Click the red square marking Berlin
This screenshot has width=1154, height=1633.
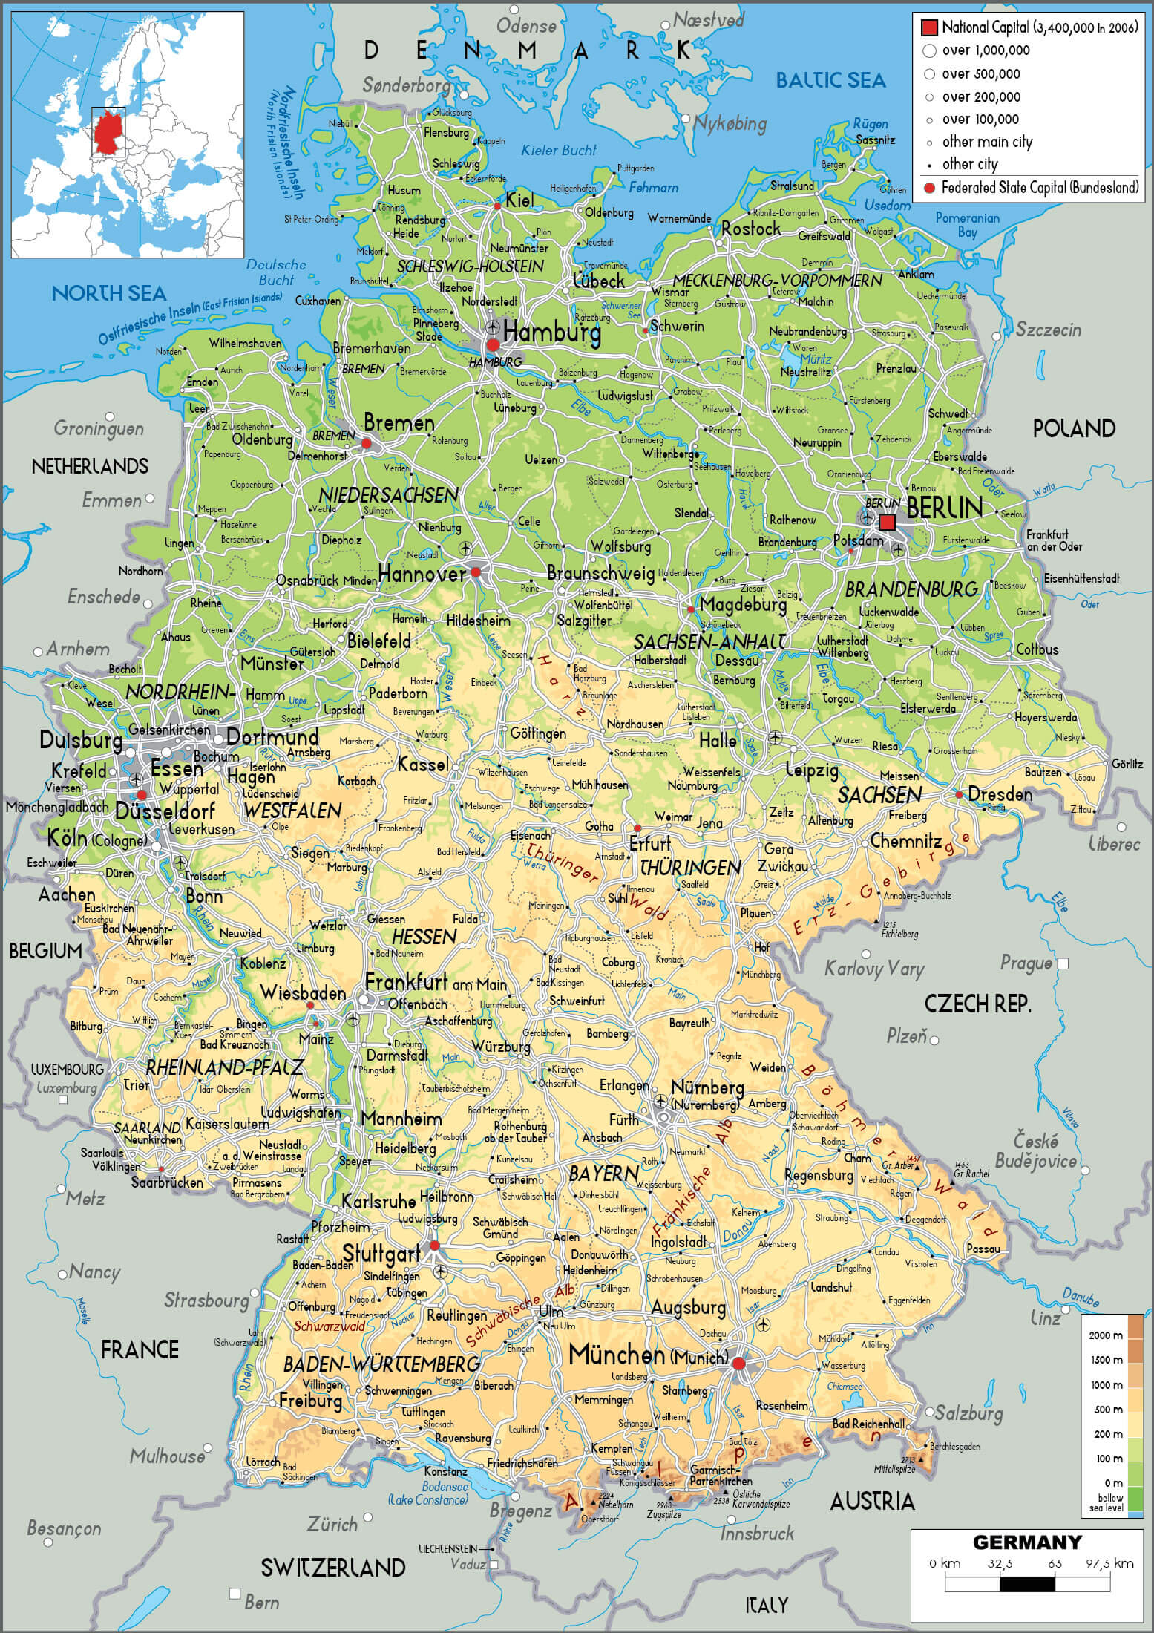tap(887, 523)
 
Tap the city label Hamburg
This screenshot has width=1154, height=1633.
tap(551, 333)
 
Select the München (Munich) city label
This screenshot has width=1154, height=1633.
tap(647, 1355)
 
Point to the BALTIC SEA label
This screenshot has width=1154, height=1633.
tap(830, 80)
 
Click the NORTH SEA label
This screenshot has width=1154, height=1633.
tap(108, 293)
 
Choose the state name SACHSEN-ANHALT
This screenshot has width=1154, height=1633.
tap(709, 641)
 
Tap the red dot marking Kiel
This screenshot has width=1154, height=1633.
tap(497, 206)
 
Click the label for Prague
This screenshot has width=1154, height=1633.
tap(1026, 963)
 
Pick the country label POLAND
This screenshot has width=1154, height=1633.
tap(1073, 428)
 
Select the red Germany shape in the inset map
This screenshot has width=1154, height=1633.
tap(108, 132)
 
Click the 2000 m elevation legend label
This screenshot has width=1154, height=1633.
tap(1105, 1335)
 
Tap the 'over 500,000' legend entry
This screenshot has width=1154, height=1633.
tap(980, 73)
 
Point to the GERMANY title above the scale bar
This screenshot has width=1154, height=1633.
tap(1026, 1542)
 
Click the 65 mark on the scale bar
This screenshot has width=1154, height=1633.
tap(1055, 1563)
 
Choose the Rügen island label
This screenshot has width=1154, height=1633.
tap(870, 124)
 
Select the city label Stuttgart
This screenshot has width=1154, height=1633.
tap(381, 1254)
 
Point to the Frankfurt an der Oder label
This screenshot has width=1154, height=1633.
tap(1053, 540)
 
